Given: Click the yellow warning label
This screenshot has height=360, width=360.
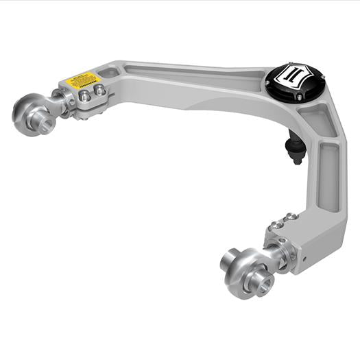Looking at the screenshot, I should pyautogui.click(x=80, y=82).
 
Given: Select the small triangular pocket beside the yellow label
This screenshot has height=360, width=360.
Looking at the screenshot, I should pyautogui.click(x=108, y=72).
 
